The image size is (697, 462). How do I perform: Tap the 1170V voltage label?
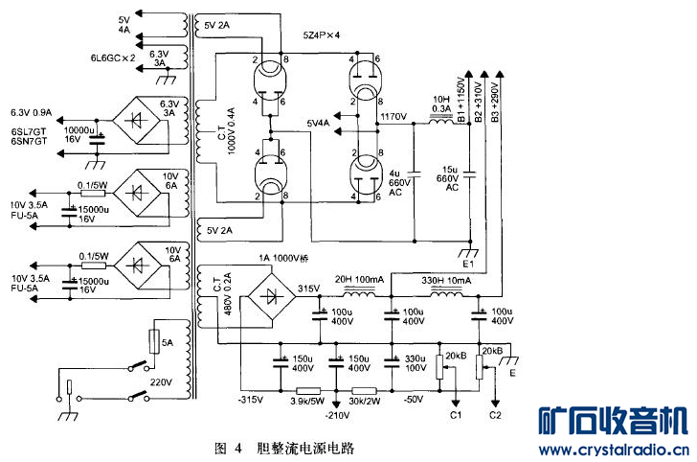[x=395, y=117]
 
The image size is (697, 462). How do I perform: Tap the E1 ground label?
[x=468, y=262]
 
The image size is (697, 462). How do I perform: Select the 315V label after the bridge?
[x=309, y=289]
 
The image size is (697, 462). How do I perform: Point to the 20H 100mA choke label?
[x=359, y=279]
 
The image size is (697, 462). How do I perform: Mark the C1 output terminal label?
[x=456, y=415]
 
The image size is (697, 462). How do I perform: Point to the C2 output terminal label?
[x=495, y=415]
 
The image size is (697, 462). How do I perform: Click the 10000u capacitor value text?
[x=79, y=128]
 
